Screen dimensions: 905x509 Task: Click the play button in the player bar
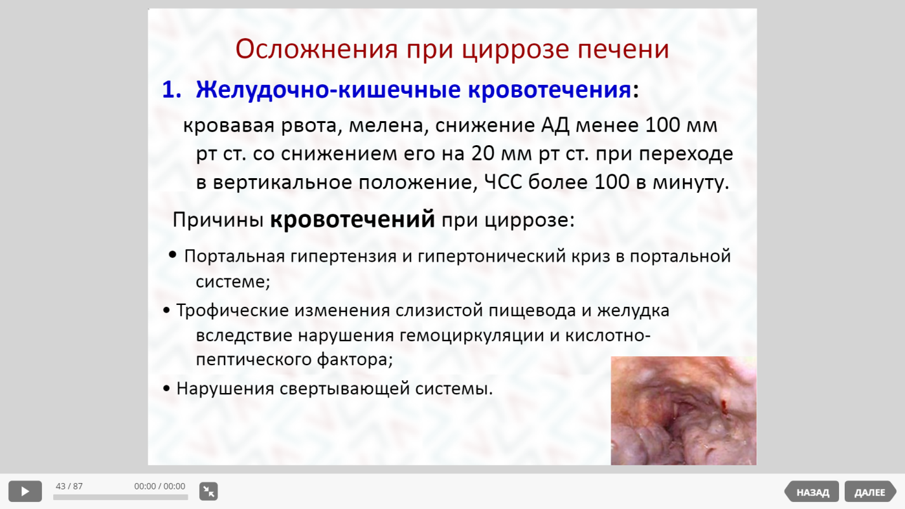(x=25, y=491)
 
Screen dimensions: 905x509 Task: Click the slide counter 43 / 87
(x=69, y=486)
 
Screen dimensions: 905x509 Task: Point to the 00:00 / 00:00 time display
(x=160, y=486)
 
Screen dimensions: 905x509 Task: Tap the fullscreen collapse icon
(x=209, y=491)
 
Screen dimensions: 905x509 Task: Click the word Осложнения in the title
(x=316, y=49)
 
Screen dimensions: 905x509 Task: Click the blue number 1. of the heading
(x=171, y=89)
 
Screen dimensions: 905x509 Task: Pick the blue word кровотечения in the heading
(x=549, y=89)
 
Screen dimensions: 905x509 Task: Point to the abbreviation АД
(x=555, y=126)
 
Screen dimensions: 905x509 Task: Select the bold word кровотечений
(x=353, y=219)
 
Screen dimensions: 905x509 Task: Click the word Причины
(x=218, y=221)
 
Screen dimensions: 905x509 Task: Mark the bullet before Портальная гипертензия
(x=173, y=255)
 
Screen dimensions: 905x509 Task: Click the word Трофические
(x=232, y=311)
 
